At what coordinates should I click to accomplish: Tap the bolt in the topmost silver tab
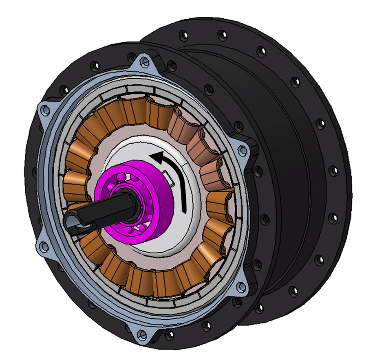click(144, 62)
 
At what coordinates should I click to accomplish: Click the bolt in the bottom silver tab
click(142, 335)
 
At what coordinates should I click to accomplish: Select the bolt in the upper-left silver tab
click(46, 109)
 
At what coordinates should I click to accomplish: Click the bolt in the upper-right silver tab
click(243, 150)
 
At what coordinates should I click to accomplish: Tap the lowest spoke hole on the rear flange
click(257, 310)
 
